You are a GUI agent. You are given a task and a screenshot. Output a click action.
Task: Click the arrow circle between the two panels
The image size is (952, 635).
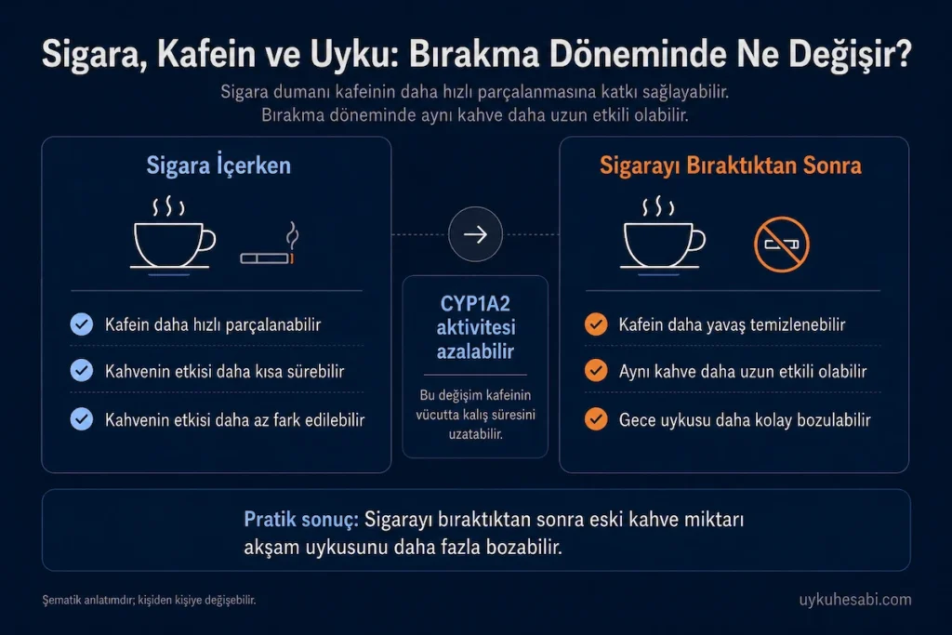[x=475, y=234]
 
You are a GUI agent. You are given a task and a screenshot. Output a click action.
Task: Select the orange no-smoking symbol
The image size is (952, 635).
[x=781, y=244]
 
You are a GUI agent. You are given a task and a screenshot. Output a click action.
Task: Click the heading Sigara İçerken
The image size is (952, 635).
[x=218, y=165]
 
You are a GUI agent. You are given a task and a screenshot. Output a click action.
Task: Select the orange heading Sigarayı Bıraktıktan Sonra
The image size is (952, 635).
[x=731, y=165]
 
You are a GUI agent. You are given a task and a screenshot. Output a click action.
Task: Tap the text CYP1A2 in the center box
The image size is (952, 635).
[x=475, y=303]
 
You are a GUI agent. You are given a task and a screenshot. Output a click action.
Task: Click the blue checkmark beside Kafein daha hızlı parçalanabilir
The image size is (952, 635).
[x=82, y=324]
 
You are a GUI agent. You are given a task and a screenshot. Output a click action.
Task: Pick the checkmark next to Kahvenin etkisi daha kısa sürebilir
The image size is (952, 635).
[x=82, y=370]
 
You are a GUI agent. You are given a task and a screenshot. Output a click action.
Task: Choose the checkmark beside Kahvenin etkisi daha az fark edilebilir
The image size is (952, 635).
[x=82, y=419]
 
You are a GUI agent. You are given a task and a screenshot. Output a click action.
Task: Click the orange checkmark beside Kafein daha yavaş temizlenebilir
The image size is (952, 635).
[x=596, y=324]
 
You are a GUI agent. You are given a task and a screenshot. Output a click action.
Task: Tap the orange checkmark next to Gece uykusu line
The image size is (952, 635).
[x=596, y=419]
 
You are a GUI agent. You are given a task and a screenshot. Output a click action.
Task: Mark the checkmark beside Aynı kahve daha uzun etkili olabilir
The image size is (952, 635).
[x=596, y=370]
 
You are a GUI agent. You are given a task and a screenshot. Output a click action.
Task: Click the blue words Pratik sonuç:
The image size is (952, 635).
[x=301, y=520]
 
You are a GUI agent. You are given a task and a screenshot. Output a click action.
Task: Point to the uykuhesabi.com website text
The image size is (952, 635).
[x=855, y=600]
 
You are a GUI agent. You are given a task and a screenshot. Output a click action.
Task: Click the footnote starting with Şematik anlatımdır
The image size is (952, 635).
[x=149, y=600]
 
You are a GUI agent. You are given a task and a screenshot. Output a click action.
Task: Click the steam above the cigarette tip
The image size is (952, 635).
[x=293, y=234]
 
